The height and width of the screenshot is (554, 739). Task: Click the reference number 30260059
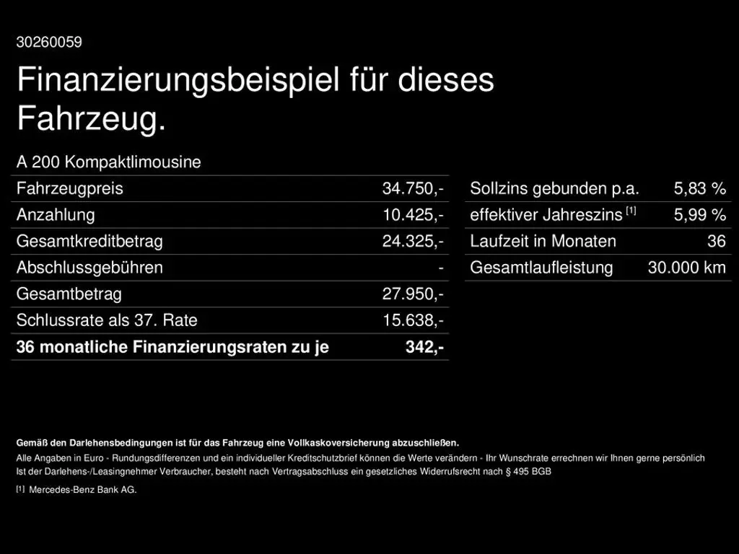pos(49,42)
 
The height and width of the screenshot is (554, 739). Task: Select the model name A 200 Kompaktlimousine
pos(109,162)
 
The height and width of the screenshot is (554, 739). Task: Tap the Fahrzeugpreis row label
pos(70,189)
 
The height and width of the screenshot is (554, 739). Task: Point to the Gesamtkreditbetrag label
pos(89,242)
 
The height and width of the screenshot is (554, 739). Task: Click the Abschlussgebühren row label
pos(89,268)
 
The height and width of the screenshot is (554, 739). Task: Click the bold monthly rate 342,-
pos(424,347)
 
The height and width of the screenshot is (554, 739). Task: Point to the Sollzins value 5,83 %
pos(699,189)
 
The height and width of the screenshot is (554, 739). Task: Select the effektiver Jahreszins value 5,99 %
pos(699,215)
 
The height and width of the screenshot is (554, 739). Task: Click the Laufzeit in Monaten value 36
pos(716,242)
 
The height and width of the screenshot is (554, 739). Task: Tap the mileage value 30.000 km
pos(686,268)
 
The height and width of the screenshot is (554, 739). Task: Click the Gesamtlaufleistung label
pos(541,268)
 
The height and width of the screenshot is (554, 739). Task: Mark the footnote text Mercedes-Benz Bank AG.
pos(82,490)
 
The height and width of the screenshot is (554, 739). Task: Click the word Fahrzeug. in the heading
pos(91,119)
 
